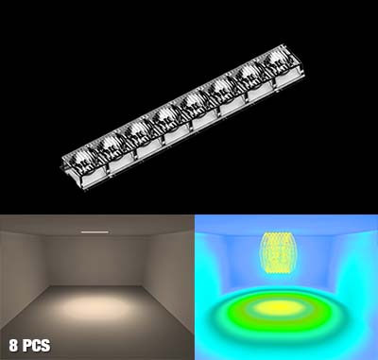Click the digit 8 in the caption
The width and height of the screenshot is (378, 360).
tap(13, 346)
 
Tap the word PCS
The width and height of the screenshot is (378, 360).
tap(37, 346)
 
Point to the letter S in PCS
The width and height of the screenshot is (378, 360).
tap(45, 346)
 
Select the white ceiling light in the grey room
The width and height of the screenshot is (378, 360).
tap(94, 232)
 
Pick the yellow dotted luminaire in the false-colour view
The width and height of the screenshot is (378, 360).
tap(279, 253)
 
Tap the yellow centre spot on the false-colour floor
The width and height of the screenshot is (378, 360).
tap(277, 307)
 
